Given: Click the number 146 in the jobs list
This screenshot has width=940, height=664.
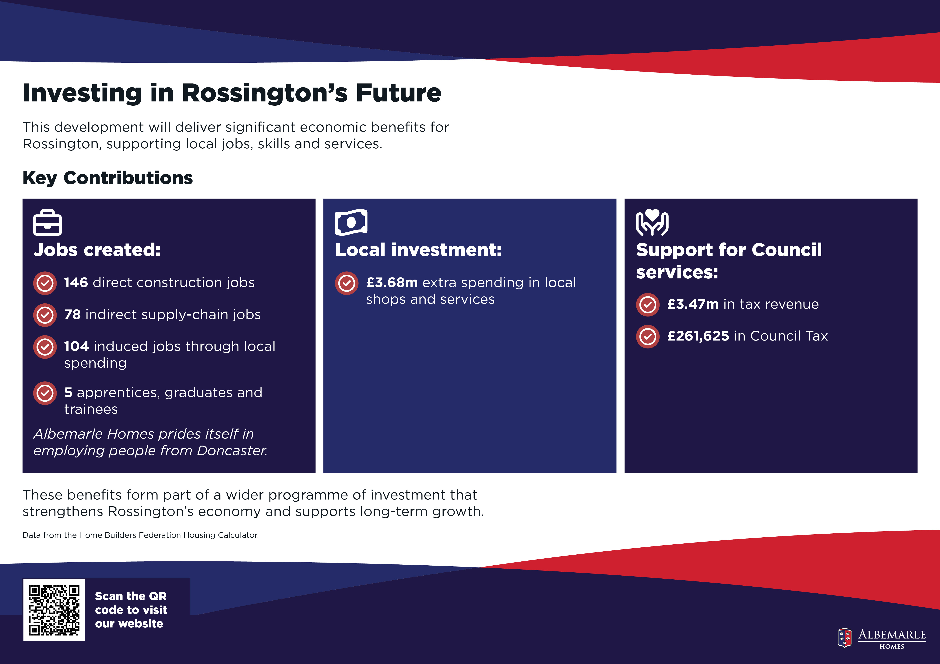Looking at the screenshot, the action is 76,282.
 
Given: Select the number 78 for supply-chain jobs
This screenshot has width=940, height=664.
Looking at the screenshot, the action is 72,314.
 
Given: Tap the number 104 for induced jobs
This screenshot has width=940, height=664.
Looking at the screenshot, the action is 77,346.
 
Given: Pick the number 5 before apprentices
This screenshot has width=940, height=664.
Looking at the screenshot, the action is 68,393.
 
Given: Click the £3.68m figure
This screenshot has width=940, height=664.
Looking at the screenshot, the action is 392,282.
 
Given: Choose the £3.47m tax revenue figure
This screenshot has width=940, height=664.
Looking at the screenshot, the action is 693,304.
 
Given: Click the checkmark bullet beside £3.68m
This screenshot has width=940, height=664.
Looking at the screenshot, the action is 346,283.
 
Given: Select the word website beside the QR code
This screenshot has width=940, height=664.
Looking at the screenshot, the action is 129,623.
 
